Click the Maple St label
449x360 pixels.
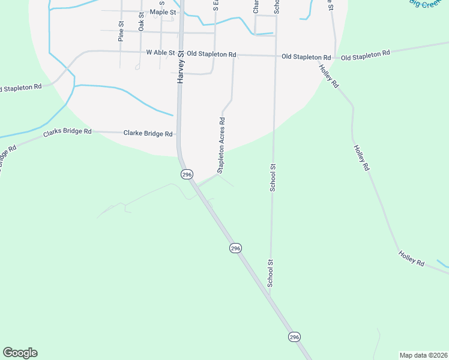click(x=163, y=12)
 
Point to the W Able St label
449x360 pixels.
click(x=160, y=53)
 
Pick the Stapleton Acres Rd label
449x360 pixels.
click(x=221, y=145)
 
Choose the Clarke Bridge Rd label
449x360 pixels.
click(x=148, y=133)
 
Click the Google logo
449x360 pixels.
click(x=20, y=353)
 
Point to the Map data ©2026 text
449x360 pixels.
click(x=423, y=355)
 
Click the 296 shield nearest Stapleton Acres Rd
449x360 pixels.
click(x=187, y=174)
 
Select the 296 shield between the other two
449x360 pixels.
click(x=235, y=248)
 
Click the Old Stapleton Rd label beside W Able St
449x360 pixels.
click(x=211, y=54)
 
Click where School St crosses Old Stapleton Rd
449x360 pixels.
click(x=276, y=56)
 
